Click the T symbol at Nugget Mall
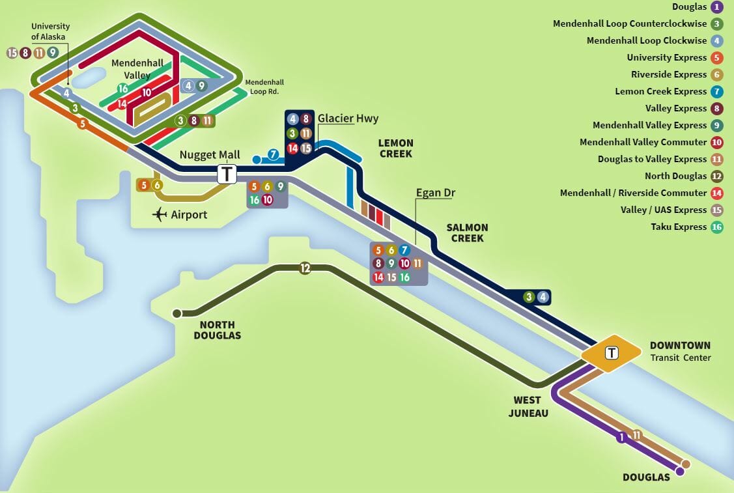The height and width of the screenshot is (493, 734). pyautogui.click(x=227, y=174)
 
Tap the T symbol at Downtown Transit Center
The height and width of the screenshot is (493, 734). pyautogui.click(x=612, y=353)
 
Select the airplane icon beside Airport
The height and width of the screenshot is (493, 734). pyautogui.click(x=159, y=214)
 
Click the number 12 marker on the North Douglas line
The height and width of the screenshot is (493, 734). pyautogui.click(x=305, y=268)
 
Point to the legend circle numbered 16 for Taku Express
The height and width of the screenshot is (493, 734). pyautogui.click(x=717, y=227)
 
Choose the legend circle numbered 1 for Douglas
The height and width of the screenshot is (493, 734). pyautogui.click(x=717, y=7)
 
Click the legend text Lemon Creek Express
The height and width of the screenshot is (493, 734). pyautogui.click(x=660, y=92)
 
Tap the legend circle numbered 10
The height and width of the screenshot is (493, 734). pyautogui.click(x=717, y=143)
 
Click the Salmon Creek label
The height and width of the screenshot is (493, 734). pyautogui.click(x=466, y=232)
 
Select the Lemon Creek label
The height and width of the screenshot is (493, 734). pyautogui.click(x=395, y=148)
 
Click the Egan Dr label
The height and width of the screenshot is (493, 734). pyautogui.click(x=436, y=193)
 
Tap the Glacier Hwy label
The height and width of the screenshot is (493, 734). pyautogui.click(x=348, y=119)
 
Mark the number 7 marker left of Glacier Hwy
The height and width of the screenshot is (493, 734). pyautogui.click(x=274, y=155)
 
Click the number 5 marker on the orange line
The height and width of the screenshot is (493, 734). pyautogui.click(x=82, y=123)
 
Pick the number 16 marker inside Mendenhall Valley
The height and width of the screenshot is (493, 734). pyautogui.click(x=122, y=89)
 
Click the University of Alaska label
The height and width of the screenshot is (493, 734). pyautogui.click(x=50, y=31)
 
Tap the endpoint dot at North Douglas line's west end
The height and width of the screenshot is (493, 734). pyautogui.click(x=176, y=313)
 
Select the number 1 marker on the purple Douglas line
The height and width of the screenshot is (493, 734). pyautogui.click(x=621, y=438)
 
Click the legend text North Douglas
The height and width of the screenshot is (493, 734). pyautogui.click(x=675, y=176)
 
